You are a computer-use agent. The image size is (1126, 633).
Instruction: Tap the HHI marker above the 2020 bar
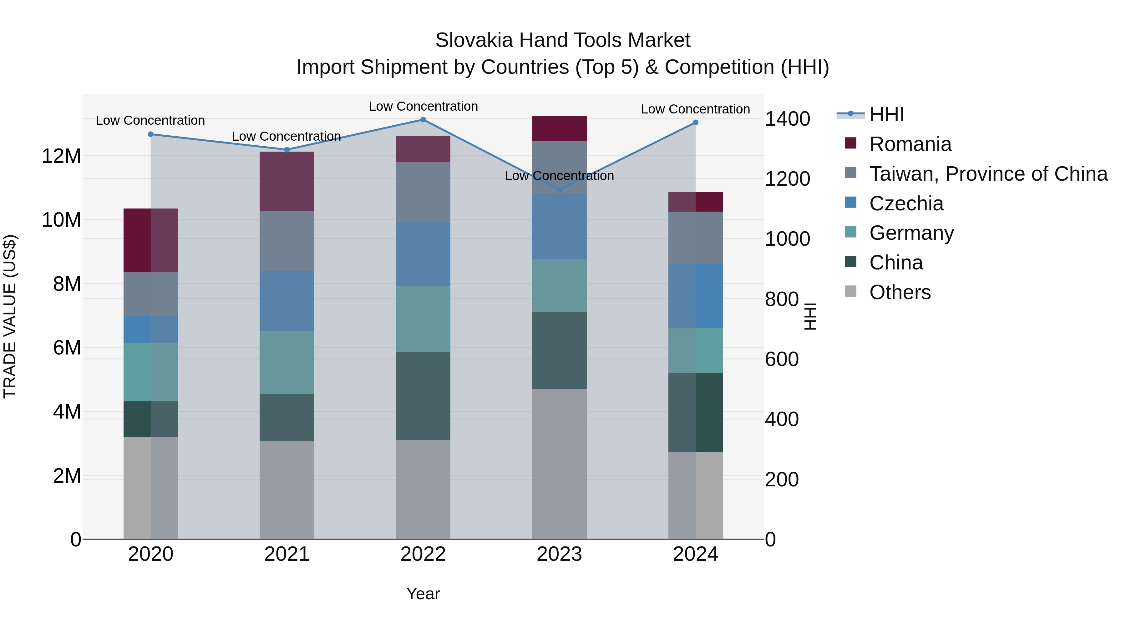(151, 134)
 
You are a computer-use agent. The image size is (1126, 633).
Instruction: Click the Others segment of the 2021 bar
(287, 490)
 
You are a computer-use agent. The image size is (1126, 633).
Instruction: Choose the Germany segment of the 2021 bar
(287, 362)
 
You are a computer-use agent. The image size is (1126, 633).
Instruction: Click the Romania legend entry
(910, 144)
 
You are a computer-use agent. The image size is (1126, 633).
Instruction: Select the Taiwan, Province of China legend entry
(988, 174)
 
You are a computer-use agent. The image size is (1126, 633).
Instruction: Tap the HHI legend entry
(886, 114)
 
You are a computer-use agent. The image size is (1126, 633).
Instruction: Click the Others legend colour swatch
(851, 291)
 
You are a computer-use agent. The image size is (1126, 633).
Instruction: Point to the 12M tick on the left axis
(61, 156)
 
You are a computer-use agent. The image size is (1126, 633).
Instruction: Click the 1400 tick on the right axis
(787, 119)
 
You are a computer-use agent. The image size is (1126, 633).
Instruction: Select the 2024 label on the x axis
(695, 554)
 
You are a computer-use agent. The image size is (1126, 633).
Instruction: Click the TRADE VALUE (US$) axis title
(10, 316)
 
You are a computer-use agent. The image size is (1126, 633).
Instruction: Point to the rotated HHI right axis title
(810, 316)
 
